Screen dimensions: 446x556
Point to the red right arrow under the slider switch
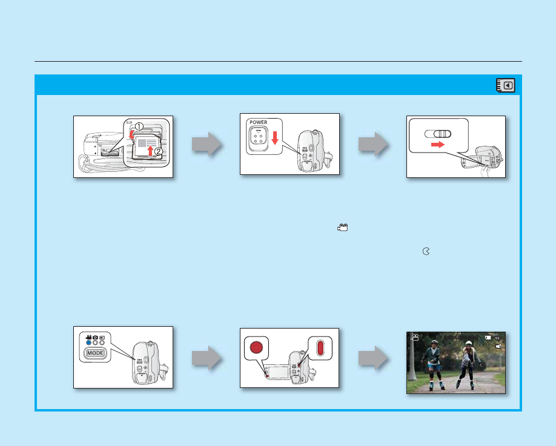tap(437, 146)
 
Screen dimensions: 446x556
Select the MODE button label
tap(95, 353)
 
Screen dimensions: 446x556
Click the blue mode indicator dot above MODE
tap(88, 343)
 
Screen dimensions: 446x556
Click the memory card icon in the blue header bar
tap(506, 85)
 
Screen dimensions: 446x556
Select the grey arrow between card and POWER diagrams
tap(207, 146)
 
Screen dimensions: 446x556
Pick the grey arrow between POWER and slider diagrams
tap(372, 146)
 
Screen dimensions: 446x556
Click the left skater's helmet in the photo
tap(434, 342)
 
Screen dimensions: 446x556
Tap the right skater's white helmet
tap(468, 344)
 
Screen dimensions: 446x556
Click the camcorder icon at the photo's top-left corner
tap(414, 338)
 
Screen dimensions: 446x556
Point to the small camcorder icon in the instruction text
tap(343, 227)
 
